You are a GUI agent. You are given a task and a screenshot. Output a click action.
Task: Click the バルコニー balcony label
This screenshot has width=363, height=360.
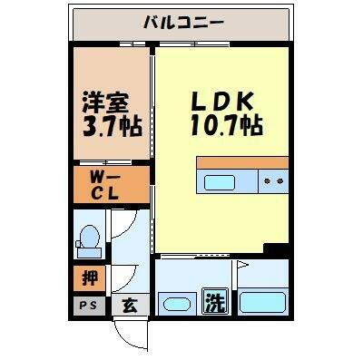184,23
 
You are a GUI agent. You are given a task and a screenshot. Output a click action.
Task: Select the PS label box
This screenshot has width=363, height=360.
89,306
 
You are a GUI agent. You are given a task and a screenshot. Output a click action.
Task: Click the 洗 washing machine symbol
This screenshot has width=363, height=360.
214,300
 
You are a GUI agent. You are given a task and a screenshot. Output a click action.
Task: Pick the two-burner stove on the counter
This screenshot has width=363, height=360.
271,181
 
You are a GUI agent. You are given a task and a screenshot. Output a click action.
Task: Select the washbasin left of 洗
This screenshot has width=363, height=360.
175,302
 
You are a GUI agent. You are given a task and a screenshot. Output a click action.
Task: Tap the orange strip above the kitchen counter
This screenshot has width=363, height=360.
242,162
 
